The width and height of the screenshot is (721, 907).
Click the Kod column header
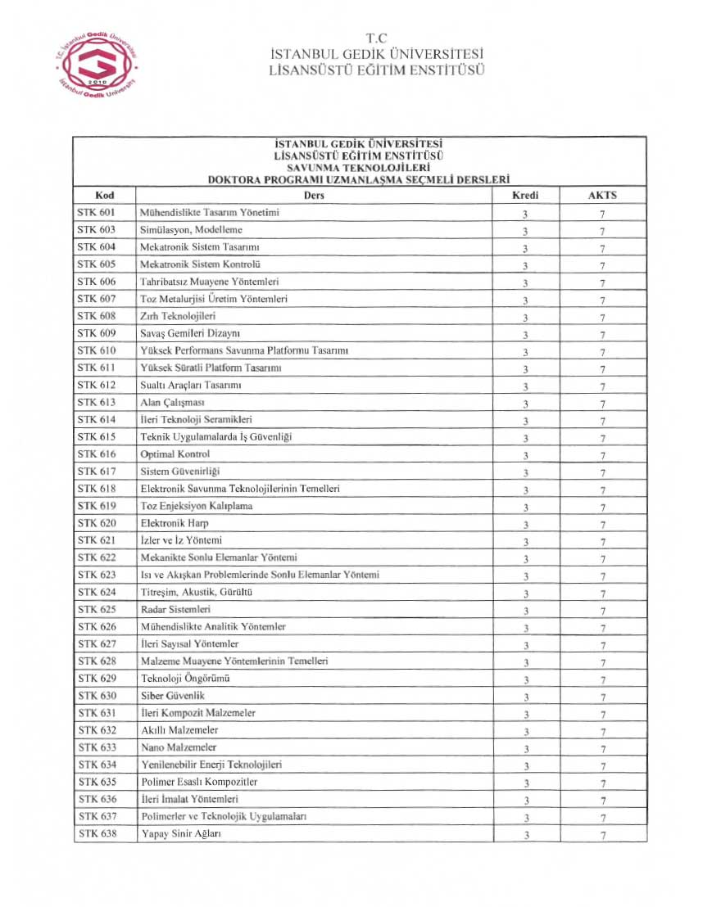click(x=104, y=196)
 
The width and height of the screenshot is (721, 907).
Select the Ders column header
click(x=314, y=196)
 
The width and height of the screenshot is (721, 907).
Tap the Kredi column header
click(x=525, y=196)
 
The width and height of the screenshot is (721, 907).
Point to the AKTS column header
click(x=602, y=196)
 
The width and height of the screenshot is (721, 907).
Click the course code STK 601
click(x=97, y=213)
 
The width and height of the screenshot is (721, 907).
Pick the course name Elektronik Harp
click(x=175, y=523)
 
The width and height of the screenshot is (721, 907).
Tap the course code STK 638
click(x=97, y=833)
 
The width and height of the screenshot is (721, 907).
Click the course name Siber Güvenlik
click(x=173, y=696)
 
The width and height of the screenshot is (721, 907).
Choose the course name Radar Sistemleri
click(x=176, y=610)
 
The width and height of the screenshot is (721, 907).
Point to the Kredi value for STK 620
click(x=525, y=525)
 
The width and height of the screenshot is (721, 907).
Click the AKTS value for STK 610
click(x=602, y=352)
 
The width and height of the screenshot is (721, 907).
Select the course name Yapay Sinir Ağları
click(x=182, y=833)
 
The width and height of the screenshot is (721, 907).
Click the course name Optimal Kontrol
click(x=175, y=454)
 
